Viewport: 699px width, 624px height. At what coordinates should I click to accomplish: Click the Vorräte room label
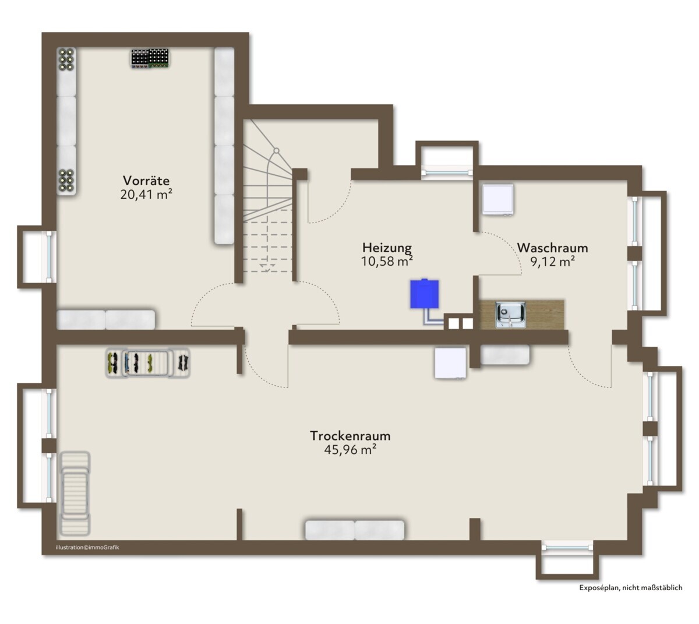[x=146, y=181]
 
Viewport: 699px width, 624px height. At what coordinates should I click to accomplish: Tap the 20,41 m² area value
[x=146, y=195]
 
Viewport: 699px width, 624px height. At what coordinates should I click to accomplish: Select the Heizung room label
[x=387, y=248]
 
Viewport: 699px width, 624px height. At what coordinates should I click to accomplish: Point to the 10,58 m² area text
[x=387, y=261]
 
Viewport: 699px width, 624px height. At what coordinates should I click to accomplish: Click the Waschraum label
[x=552, y=248]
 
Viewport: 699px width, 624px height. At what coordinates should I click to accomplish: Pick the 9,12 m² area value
[x=552, y=262]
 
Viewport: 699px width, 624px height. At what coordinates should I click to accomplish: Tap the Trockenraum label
[x=350, y=436]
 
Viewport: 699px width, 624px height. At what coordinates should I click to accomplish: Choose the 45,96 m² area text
[x=350, y=450]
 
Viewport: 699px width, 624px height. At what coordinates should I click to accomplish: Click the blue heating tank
[x=424, y=294]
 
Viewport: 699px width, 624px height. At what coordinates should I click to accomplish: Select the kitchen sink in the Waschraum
[x=510, y=315]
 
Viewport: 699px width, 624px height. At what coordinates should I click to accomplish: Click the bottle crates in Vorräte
[x=150, y=58]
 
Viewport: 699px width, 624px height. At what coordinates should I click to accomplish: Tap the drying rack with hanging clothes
[x=148, y=363]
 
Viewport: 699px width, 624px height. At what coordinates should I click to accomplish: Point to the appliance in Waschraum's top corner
[x=498, y=200]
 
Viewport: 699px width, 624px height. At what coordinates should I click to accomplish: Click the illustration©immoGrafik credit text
[x=87, y=547]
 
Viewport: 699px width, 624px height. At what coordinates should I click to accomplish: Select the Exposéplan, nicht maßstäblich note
[x=631, y=588]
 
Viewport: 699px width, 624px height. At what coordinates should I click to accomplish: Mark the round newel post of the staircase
[x=276, y=150]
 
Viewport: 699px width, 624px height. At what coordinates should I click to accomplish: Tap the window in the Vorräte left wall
[x=49, y=257]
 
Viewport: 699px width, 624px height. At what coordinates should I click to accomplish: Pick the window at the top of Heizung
[x=447, y=172]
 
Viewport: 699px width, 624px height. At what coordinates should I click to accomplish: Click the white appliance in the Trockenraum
[x=451, y=363]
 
